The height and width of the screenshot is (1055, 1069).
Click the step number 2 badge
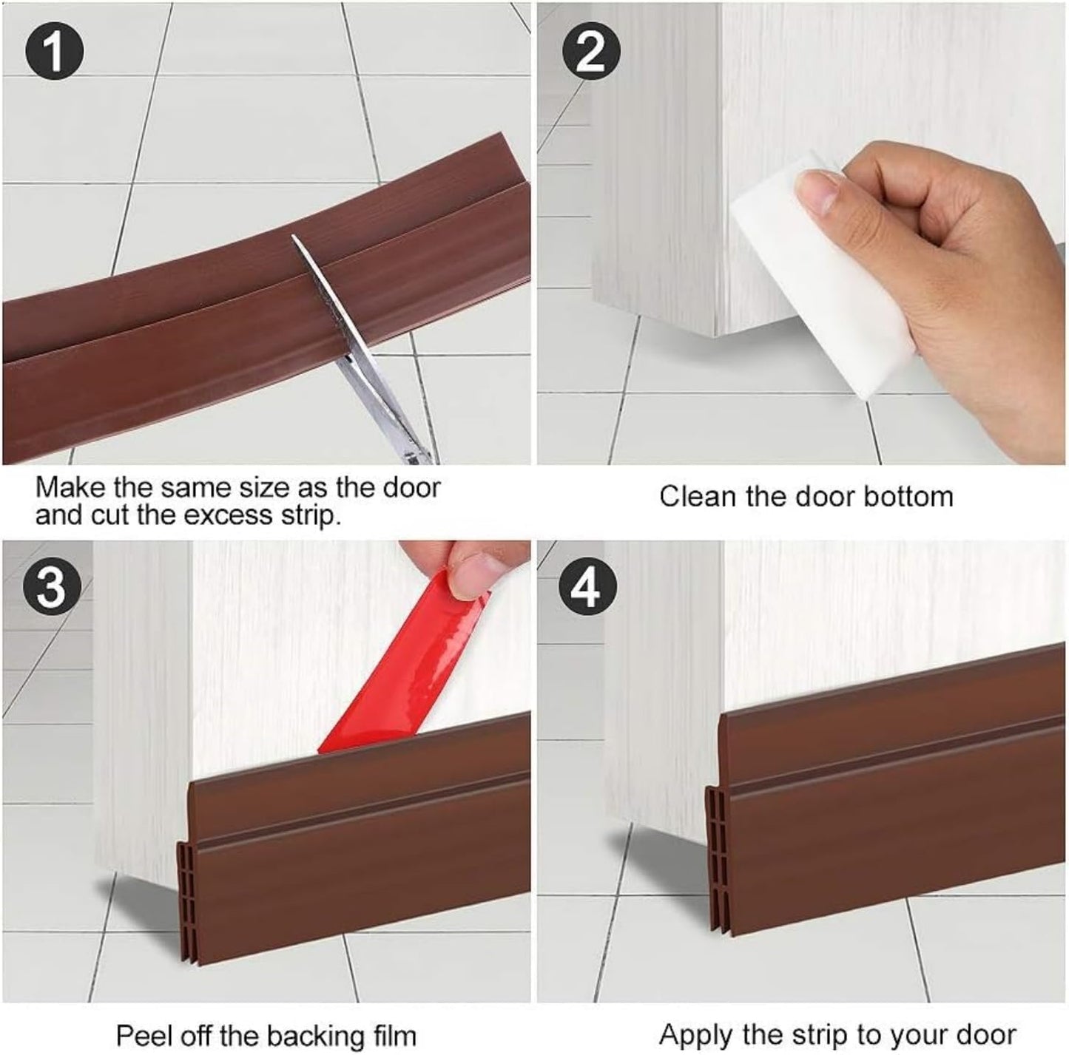pos(590,52)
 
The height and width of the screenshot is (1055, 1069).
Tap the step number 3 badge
pos(50,588)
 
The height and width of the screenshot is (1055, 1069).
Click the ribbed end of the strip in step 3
pos(185,887)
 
